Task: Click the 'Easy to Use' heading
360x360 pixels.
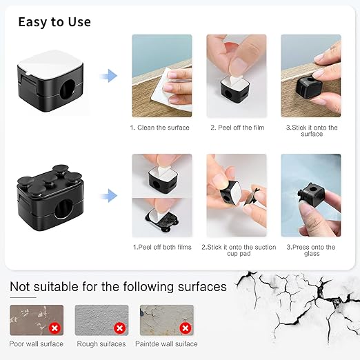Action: tap(54, 22)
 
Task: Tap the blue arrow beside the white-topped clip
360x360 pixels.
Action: tap(107, 75)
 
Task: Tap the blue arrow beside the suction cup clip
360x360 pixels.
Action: tap(107, 197)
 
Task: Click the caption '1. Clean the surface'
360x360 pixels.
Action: tap(160, 128)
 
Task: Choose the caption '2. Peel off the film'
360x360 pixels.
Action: tap(237, 128)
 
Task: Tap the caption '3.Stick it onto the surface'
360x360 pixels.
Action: tap(312, 130)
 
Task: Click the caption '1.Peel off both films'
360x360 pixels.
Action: tap(161, 247)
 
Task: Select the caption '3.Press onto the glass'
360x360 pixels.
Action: tap(312, 250)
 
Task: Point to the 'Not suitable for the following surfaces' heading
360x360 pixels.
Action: tap(119, 286)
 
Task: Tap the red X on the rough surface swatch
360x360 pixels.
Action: tap(119, 328)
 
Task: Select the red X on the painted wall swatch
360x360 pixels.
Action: tap(185, 328)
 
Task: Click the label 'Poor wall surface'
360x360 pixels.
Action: tap(37, 343)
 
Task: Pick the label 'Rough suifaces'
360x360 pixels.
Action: tap(101, 343)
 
